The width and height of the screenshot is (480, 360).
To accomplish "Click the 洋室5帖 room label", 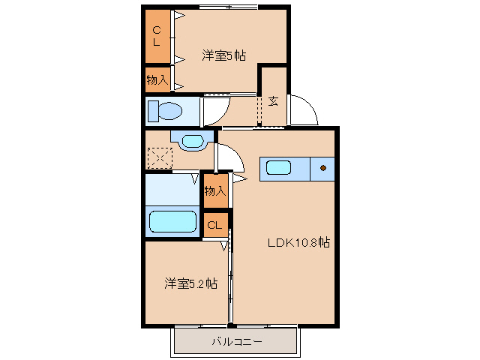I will pos(224,55).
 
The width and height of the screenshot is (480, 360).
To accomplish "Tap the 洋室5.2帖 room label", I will pos(191,283).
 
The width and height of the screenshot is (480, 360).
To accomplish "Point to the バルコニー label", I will pos(235,342).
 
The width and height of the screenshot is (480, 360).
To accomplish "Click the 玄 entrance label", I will pos(273,100).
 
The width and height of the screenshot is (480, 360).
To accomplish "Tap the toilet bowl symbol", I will pos(166,112).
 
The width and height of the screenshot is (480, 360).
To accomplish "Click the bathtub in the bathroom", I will pos(172,222).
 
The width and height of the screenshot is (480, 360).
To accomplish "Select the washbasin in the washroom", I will pos(192,140).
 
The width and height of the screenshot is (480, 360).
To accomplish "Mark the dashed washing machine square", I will pos(159,158).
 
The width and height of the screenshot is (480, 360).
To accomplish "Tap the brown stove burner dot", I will pos(324,168).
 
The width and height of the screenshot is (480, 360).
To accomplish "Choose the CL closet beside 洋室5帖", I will pos(157,36).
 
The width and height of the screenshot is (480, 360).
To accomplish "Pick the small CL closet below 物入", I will pos(214,225).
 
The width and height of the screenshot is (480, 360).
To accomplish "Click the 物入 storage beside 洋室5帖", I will pos(157,79).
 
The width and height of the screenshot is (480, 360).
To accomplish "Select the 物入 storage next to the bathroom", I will pos(214,192).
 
